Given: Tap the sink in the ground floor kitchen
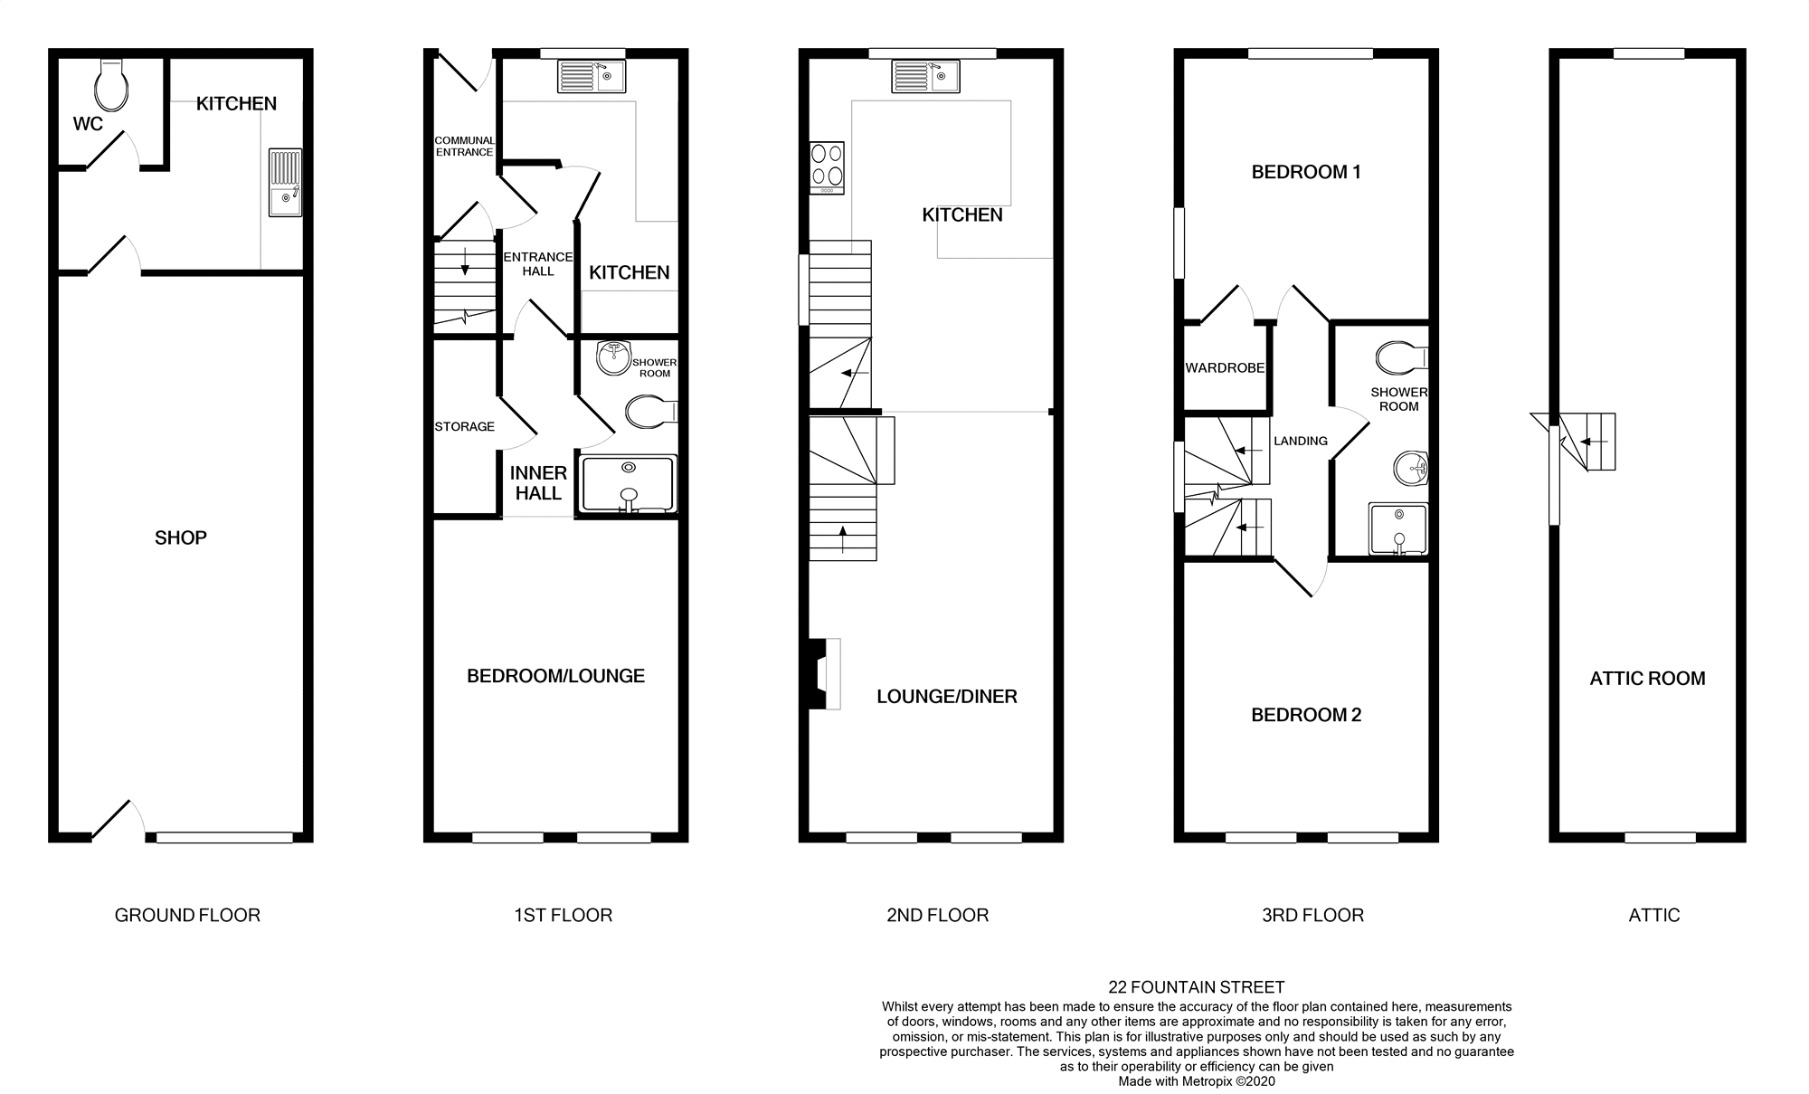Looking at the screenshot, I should pyautogui.click(x=285, y=183).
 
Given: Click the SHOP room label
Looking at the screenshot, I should pyautogui.click(x=181, y=538).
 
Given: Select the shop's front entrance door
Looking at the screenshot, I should pyautogui.click(x=118, y=821).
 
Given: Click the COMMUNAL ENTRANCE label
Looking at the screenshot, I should pyautogui.click(x=464, y=147).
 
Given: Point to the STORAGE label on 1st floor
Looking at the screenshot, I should pyautogui.click(x=464, y=426).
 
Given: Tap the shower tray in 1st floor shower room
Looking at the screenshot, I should pyautogui.click(x=629, y=484).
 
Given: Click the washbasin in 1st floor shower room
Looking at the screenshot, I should pyautogui.click(x=614, y=358).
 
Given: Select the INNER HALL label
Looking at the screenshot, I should pyautogui.click(x=538, y=483).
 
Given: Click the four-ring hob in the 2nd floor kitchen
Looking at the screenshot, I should pyautogui.click(x=827, y=168).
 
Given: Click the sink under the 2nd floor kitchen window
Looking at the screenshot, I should pyautogui.click(x=925, y=77).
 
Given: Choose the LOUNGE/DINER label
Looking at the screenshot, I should pyautogui.click(x=946, y=697).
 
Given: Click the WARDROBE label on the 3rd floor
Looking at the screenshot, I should pyautogui.click(x=1225, y=368).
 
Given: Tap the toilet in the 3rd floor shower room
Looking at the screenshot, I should pyautogui.click(x=1400, y=358).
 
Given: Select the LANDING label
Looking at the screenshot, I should pyautogui.click(x=1300, y=442).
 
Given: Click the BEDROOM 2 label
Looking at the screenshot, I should pyautogui.click(x=1305, y=716).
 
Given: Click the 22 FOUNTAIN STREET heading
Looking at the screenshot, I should pyautogui.click(x=1196, y=987).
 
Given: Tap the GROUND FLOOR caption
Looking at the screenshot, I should pyautogui.click(x=187, y=916).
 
